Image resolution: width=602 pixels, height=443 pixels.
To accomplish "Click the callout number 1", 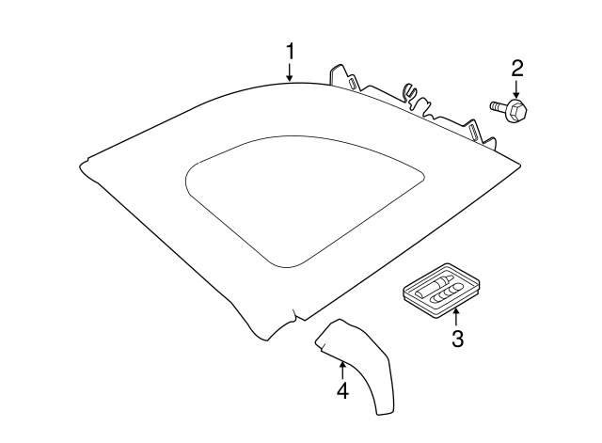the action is pyautogui.click(x=291, y=52).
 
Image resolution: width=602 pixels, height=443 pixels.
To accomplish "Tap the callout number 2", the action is pyautogui.click(x=516, y=69).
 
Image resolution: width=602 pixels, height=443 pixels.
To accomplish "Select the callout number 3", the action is pyautogui.click(x=457, y=339).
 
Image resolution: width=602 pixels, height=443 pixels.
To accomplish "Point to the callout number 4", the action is pyautogui.click(x=342, y=390).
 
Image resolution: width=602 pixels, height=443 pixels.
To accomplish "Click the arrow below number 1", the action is pyautogui.click(x=291, y=71).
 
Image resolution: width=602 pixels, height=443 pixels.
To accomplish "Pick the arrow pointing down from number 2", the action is pyautogui.click(x=516, y=88).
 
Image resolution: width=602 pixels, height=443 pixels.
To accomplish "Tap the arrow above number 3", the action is pyautogui.click(x=456, y=318).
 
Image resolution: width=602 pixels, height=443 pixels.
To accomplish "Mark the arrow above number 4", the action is pyautogui.click(x=342, y=371).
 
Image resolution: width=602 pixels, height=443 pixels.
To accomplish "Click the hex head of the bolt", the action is pyautogui.click(x=518, y=111).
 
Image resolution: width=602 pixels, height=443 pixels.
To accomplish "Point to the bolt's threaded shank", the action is pyautogui.click(x=498, y=106).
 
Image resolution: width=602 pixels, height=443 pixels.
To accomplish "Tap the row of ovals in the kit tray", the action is pyautogui.click(x=448, y=293).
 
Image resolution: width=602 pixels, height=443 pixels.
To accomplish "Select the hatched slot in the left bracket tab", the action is pyautogui.click(x=352, y=84).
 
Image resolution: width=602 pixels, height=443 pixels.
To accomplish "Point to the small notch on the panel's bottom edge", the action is pyautogui.click(x=294, y=315).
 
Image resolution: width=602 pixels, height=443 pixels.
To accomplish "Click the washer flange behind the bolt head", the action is pyautogui.click(x=510, y=109).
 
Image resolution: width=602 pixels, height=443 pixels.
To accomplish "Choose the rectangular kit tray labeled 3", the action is pyautogui.click(x=441, y=291).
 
